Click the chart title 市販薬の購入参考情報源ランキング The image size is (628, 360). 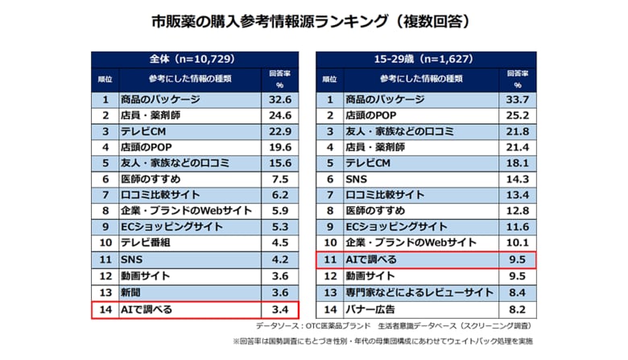314,21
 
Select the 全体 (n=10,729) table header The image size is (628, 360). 194,60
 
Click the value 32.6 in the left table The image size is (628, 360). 279,100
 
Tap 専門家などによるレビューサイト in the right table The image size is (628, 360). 408,292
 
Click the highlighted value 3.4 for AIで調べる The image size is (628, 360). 279,309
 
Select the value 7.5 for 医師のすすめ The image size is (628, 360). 279,179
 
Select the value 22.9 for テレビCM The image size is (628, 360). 279,131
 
